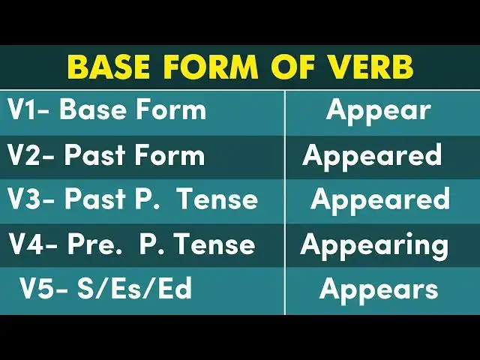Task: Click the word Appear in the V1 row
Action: click(x=378, y=110)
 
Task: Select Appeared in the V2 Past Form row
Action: click(x=372, y=155)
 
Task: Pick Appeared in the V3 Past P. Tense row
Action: click(x=380, y=199)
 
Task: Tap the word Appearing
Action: click(x=374, y=244)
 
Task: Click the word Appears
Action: click(x=379, y=289)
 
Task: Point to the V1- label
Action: click(x=29, y=110)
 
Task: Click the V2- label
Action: click(x=31, y=155)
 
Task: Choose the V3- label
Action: click(x=32, y=199)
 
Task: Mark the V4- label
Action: click(x=34, y=244)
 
